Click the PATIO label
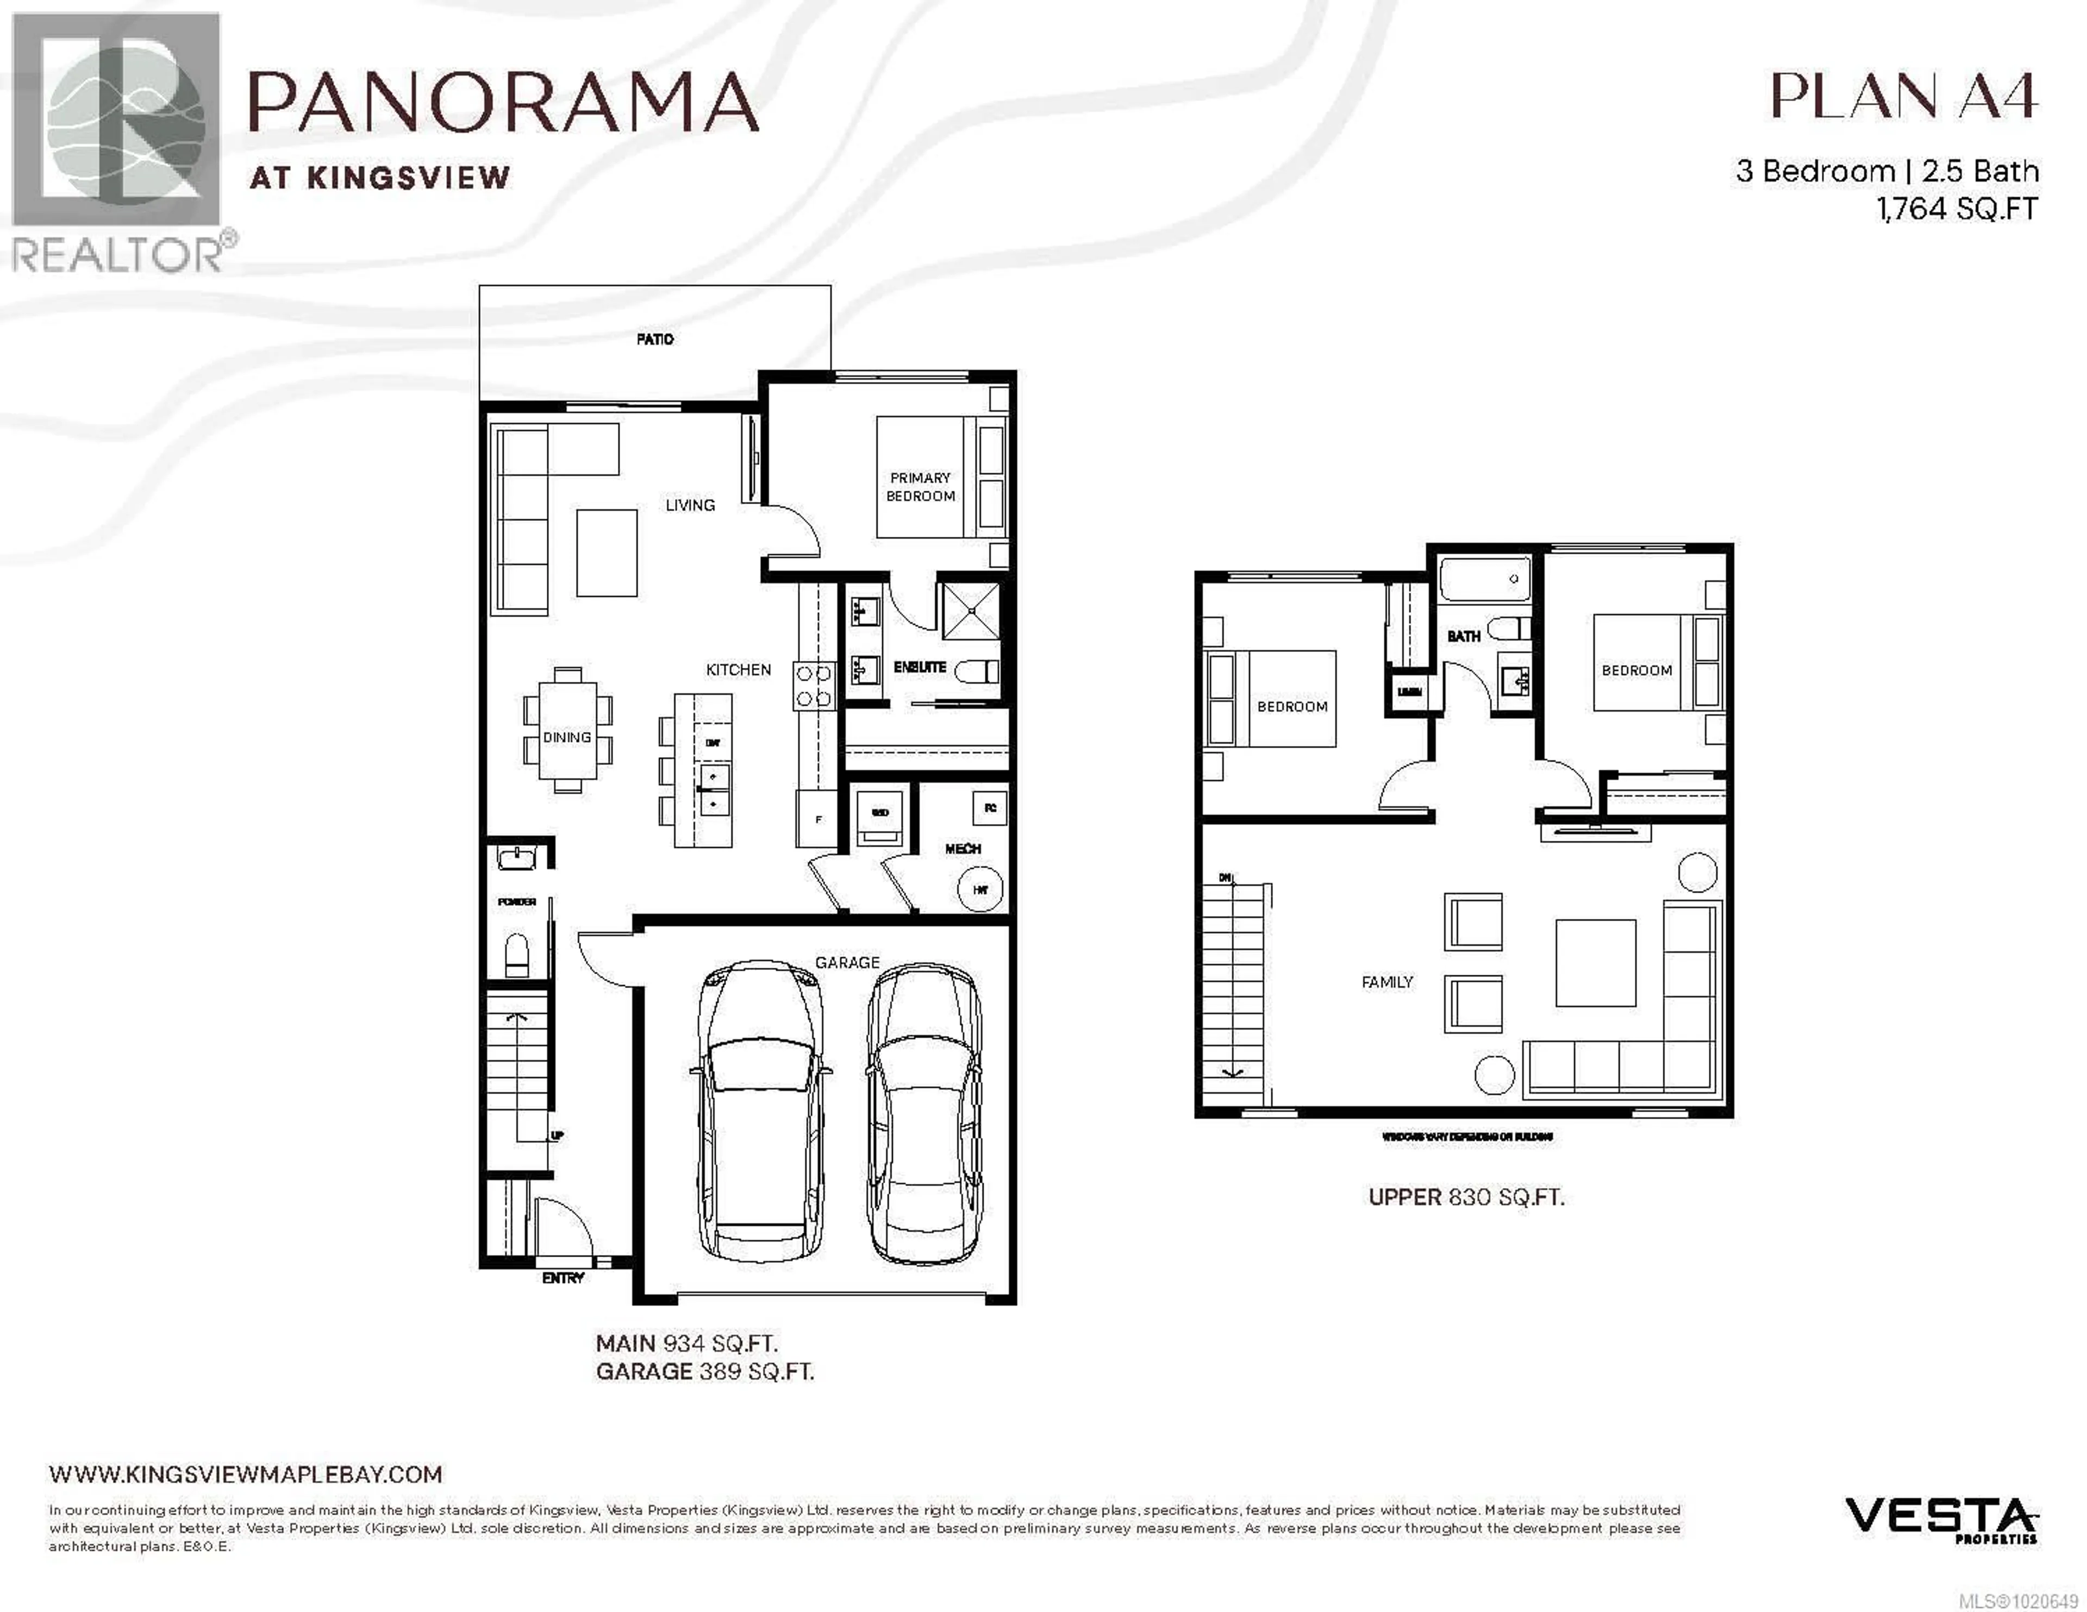(x=654, y=339)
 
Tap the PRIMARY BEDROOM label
(x=920, y=486)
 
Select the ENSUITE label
(x=919, y=667)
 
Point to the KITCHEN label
(x=738, y=670)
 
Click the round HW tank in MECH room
(x=979, y=889)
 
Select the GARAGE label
(x=847, y=962)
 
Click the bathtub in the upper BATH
(x=1484, y=580)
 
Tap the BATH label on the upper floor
(x=1463, y=636)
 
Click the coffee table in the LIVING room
(x=607, y=553)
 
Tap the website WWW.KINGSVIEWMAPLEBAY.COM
(x=246, y=1475)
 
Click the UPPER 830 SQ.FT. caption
(x=1466, y=1197)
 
